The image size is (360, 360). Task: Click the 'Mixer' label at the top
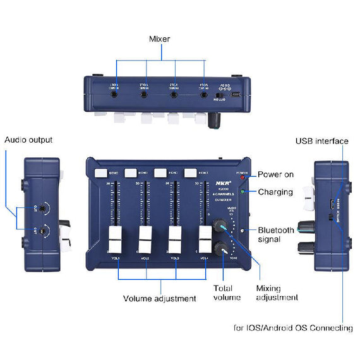point(159,39)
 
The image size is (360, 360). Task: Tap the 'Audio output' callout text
point(28,140)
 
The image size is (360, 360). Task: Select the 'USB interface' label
point(322,141)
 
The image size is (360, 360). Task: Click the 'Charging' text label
point(275,192)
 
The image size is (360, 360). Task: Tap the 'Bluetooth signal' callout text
point(276,234)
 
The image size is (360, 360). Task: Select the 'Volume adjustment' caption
point(159,298)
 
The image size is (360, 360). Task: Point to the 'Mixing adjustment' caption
point(277,292)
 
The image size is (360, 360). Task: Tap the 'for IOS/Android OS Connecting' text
point(292,328)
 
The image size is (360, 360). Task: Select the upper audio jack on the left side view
point(42,208)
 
